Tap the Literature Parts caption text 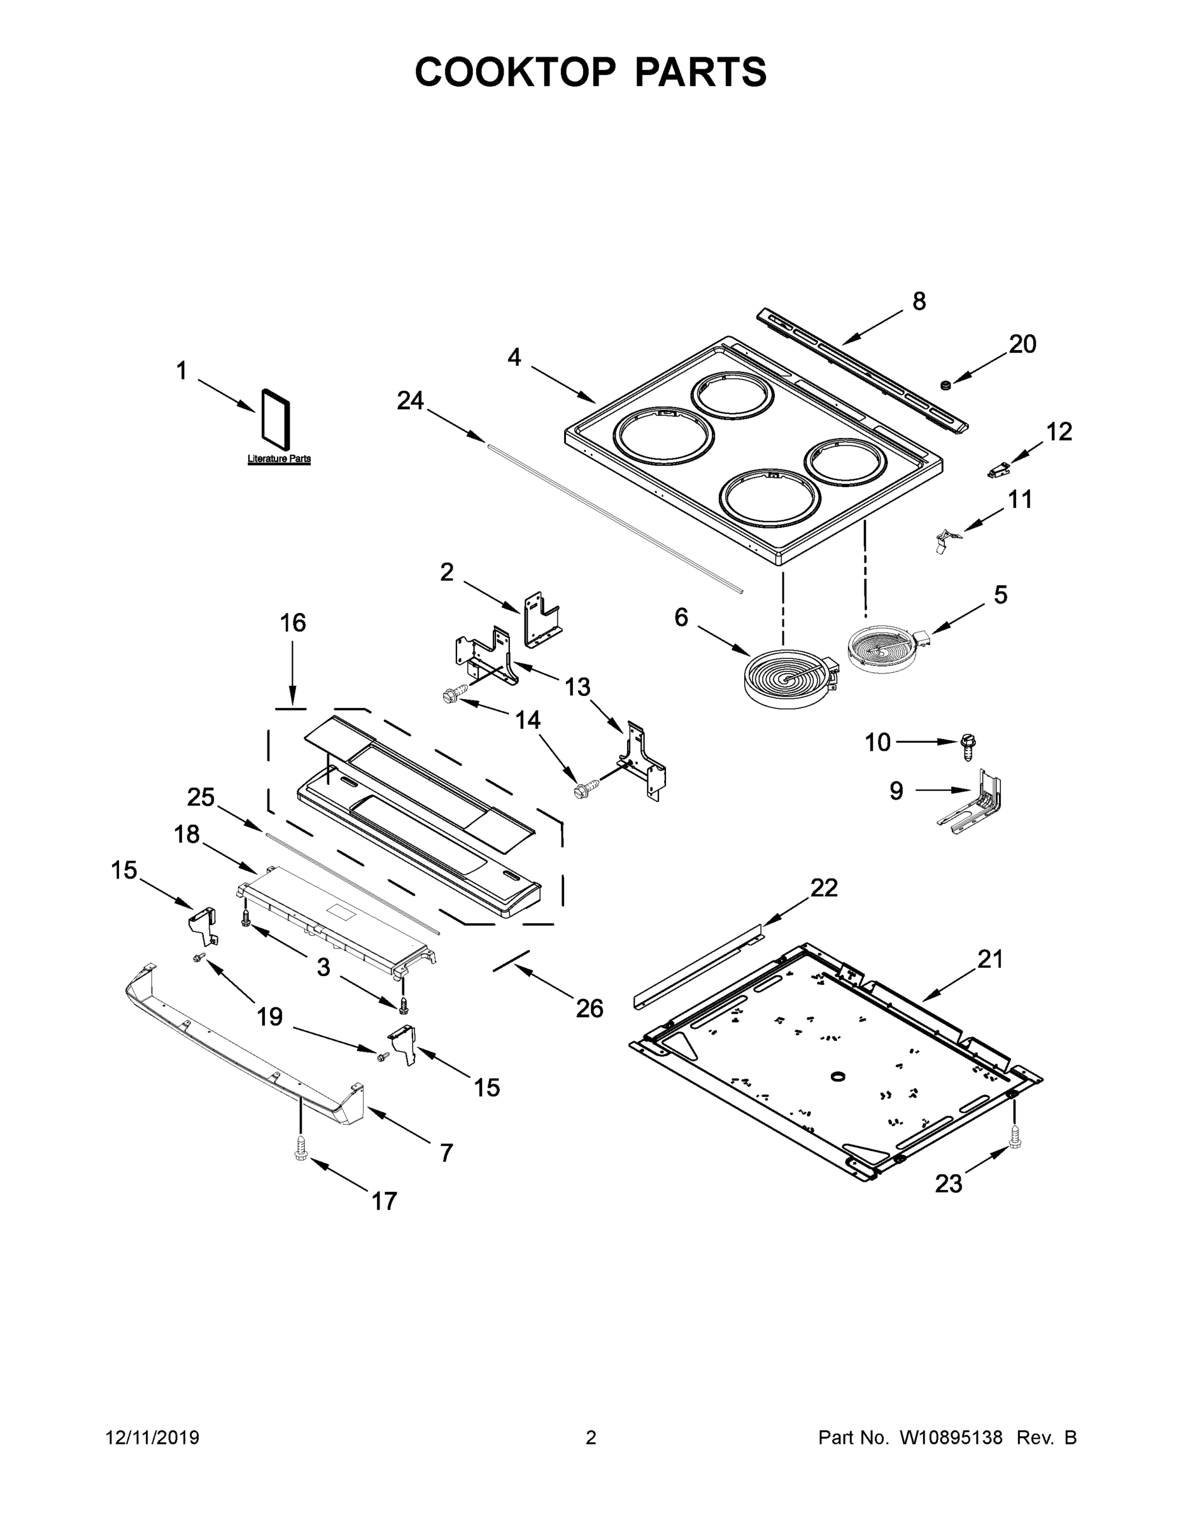tap(279, 459)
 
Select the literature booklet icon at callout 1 tap(276, 418)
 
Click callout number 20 tap(1022, 344)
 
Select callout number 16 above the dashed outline tap(292, 623)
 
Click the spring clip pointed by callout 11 tap(947, 539)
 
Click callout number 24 tap(410, 401)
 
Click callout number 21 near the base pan tap(990, 958)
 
